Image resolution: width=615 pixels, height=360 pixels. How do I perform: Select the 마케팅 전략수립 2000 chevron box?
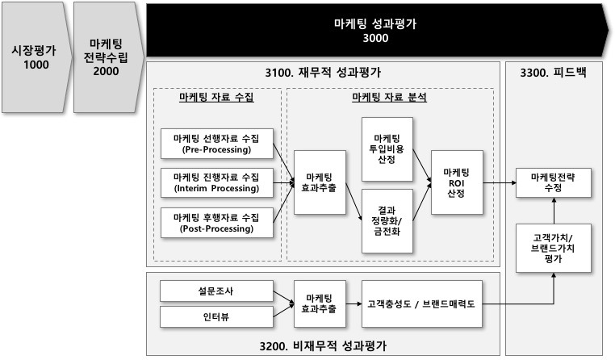[105, 57]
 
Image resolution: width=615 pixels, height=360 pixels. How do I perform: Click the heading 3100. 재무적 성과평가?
[323, 73]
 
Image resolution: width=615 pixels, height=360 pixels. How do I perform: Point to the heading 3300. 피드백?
[556, 73]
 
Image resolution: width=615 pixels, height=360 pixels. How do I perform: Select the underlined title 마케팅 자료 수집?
[216, 98]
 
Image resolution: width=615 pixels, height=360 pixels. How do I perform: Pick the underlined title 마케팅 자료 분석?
[389, 98]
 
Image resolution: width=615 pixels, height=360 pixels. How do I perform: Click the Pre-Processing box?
[216, 144]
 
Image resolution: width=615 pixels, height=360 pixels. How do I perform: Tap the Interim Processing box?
[216, 182]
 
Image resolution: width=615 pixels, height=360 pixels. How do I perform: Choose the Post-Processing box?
[216, 222]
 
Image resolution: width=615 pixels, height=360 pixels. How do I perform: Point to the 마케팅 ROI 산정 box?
[457, 182]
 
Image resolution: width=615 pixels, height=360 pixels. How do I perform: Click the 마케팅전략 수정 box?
[554, 182]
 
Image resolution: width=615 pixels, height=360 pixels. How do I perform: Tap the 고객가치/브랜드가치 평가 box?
[554, 249]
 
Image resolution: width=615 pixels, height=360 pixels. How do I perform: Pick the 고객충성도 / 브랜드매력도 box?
[423, 304]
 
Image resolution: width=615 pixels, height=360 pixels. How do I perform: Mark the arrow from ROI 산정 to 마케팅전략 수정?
[500, 182]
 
